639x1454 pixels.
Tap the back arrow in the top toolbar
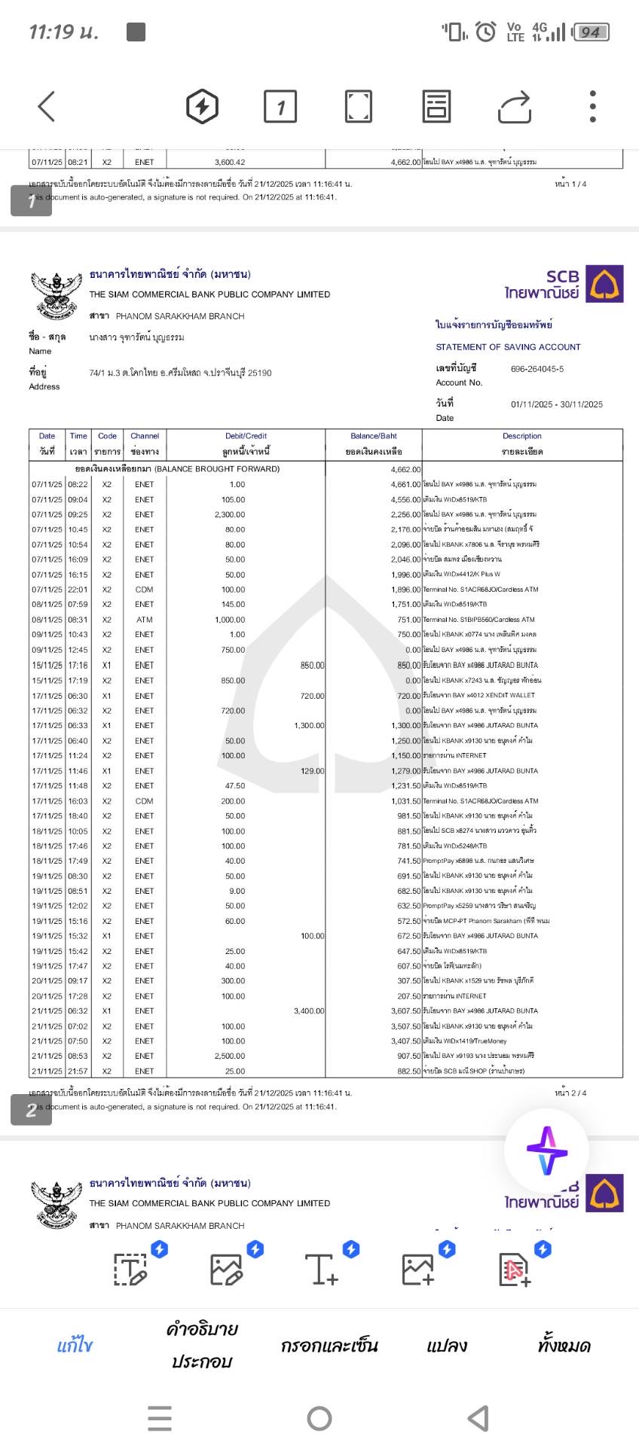point(47,106)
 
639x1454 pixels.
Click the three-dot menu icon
point(593,106)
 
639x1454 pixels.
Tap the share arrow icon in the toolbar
point(515,106)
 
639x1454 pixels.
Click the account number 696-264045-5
point(537,369)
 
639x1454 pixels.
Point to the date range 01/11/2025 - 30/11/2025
point(556,404)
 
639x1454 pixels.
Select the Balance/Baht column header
point(374,436)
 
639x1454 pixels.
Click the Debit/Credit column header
point(246,436)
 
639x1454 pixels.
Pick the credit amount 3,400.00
point(309,1011)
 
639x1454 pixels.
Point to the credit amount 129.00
point(312,771)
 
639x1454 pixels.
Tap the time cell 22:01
point(78,590)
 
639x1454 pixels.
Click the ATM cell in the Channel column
point(144,620)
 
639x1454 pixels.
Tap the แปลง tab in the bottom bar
point(446,1346)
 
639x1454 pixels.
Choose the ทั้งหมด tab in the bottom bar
point(564,1346)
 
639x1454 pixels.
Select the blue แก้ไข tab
point(75,1346)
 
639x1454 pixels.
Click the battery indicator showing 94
point(591,32)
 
